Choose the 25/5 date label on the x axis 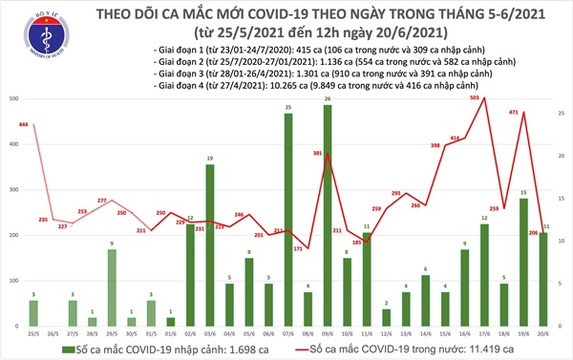click(x=33, y=332)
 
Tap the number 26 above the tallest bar click(x=328, y=98)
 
